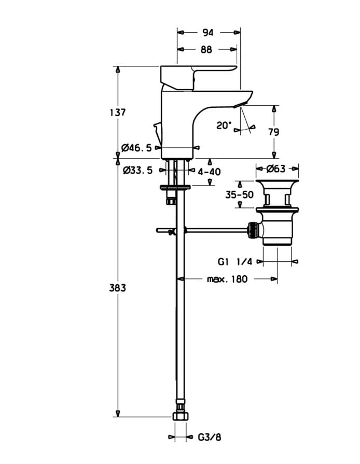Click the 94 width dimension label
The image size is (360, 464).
208,33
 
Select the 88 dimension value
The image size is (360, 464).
206,49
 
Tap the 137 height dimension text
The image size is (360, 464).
118,113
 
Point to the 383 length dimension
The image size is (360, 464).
118,288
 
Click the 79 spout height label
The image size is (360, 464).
273,132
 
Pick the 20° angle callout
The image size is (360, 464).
224,125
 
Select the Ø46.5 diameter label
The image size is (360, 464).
136,147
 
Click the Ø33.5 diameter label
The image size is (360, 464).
137,170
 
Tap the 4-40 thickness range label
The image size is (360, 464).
210,172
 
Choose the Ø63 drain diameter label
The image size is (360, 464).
276,168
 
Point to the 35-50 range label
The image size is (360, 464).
240,194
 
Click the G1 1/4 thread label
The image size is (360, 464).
235,262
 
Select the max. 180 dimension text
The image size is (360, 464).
227,279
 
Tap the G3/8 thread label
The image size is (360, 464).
210,437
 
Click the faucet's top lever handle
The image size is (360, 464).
199,77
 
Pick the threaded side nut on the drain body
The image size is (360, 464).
253,230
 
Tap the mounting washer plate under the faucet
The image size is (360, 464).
175,187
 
